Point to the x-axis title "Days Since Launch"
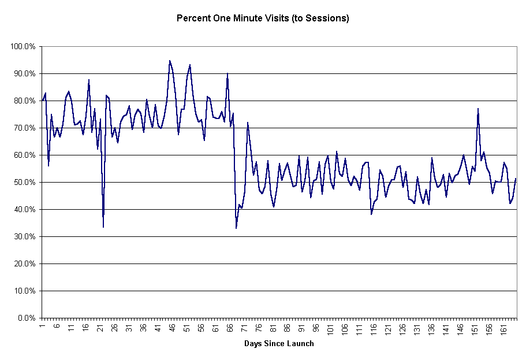click(x=279, y=344)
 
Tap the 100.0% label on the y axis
click(x=24, y=47)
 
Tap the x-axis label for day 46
click(x=172, y=328)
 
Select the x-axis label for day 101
click(x=330, y=329)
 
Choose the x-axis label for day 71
click(x=244, y=328)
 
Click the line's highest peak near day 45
click(x=170, y=61)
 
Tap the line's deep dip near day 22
click(x=103, y=227)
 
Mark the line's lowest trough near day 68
click(x=236, y=228)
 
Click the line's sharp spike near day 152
click(x=478, y=109)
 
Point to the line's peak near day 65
click(x=227, y=73)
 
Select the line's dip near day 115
click(x=371, y=214)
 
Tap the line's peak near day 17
click(x=89, y=80)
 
